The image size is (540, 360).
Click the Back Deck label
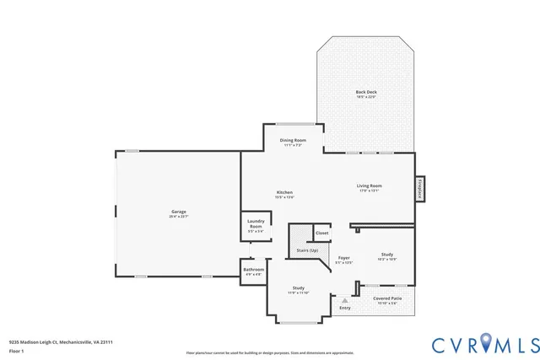[365, 91]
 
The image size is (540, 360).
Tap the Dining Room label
[293, 140]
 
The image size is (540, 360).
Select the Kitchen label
[284, 192]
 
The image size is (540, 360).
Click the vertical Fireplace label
[418, 189]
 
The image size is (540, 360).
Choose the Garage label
[178, 212]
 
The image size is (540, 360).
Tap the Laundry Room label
[256, 223]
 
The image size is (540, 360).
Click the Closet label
[321, 233]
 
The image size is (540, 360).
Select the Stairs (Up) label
[307, 250]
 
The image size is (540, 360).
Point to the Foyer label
[344, 258]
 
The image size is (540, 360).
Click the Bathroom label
[254, 270]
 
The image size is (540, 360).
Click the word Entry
[345, 308]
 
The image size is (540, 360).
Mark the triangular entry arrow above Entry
[344, 299]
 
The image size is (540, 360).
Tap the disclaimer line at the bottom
[269, 352]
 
